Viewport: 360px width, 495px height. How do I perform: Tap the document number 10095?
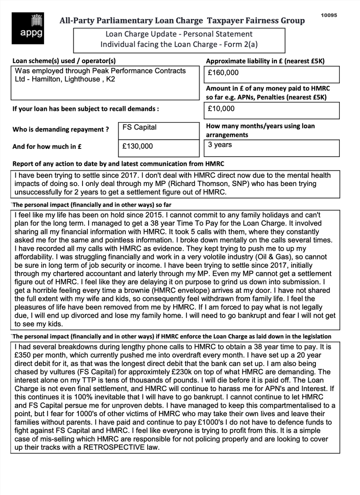pos(329,15)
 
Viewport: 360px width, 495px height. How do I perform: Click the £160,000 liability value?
pos(224,73)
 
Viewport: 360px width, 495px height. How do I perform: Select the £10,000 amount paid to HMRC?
pos(221,109)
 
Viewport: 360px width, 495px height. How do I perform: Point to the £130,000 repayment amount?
pos(138,146)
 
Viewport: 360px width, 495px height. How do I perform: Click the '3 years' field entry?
pos(220,145)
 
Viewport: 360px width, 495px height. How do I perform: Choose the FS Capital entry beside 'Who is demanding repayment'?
pos(139,127)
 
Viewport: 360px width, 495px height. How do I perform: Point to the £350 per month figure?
pos(24,355)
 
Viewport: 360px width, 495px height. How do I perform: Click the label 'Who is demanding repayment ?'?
pos(61,130)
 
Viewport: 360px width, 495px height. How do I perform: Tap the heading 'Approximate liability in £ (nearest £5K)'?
pos(265,61)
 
